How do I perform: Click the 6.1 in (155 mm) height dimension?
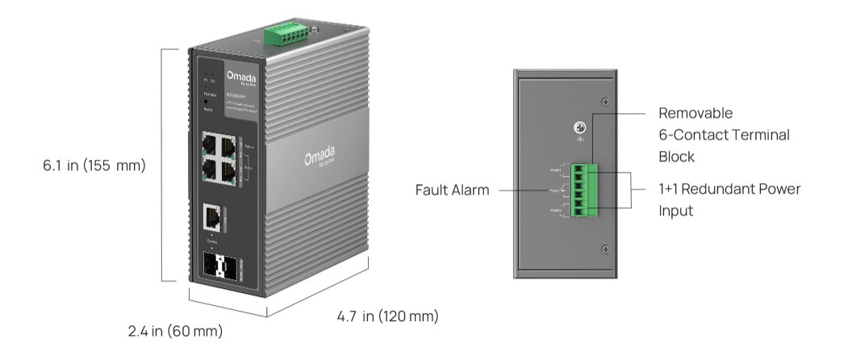94,166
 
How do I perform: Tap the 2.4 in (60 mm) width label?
175,331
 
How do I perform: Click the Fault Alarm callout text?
453,190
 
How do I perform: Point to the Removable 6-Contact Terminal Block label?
724,135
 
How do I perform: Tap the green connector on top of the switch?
287,36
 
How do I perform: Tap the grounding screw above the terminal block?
578,128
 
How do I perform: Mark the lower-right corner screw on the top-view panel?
605,249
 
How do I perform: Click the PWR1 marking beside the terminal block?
555,170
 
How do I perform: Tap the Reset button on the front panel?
207,103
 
